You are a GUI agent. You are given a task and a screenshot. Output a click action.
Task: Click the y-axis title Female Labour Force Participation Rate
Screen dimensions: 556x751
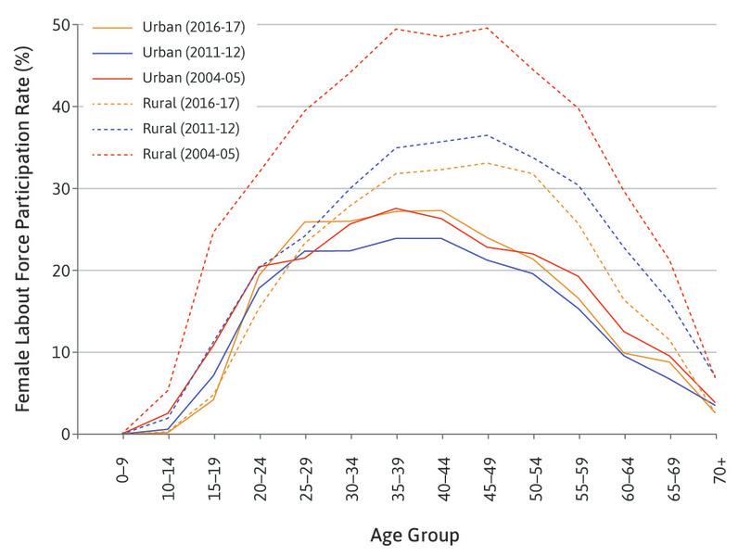pos(34,229)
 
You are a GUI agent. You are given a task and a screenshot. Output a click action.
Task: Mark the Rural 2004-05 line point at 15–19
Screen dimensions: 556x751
pos(214,231)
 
